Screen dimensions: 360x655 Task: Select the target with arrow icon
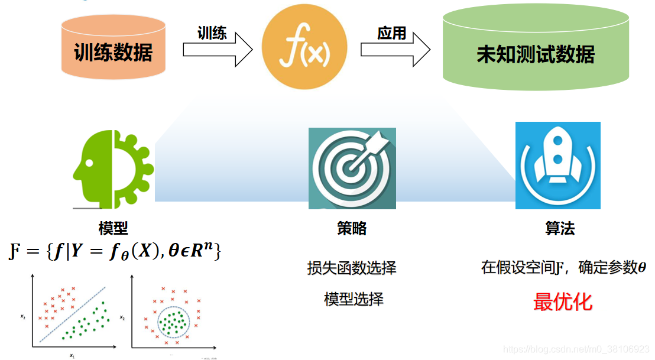click(352, 168)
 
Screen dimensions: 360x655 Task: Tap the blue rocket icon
click(557, 166)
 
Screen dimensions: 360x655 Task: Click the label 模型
click(113, 229)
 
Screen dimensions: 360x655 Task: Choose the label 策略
click(352, 229)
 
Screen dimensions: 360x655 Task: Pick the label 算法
click(559, 229)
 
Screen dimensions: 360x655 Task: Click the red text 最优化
click(562, 302)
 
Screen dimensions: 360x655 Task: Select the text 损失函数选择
click(352, 268)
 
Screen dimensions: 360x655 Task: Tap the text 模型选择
click(354, 299)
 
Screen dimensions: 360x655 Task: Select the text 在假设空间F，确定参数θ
click(563, 268)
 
